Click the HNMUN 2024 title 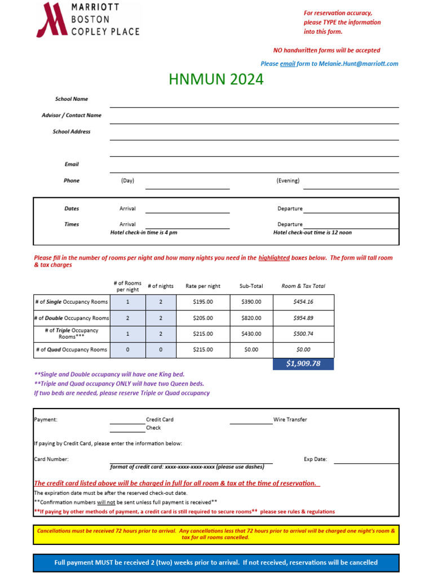pos(216,79)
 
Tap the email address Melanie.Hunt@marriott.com pos(358,64)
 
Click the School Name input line pos(254,103)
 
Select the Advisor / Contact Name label pos(72,116)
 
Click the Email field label pos(72,165)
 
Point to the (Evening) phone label pos(288,181)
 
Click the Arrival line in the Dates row pos(187,209)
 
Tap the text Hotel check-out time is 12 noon pos(312,233)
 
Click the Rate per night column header pos(203,286)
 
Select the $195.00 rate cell pos(203,302)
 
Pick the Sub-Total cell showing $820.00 pos(251,318)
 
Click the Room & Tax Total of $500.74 pos(303,334)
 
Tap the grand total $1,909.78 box pos(303,364)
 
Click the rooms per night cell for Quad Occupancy pos(127,349)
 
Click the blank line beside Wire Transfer pos(251,420)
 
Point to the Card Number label pos(51,459)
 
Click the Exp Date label pos(315,459)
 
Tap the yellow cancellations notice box pos(216,534)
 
